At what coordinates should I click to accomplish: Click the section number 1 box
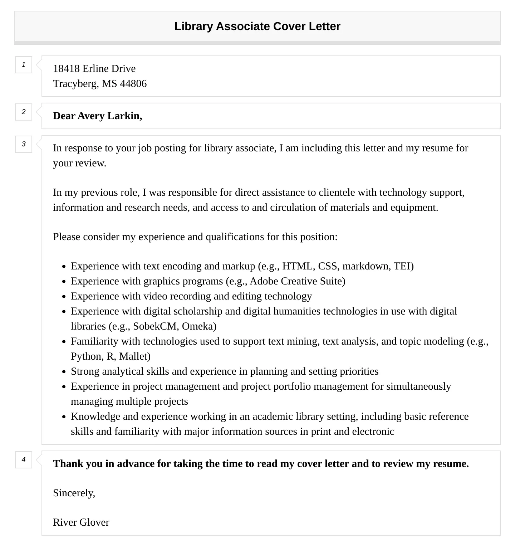[x=24, y=65]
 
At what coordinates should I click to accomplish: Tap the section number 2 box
[x=24, y=112]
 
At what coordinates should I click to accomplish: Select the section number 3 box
[x=24, y=144]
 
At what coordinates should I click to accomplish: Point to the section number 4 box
[x=24, y=460]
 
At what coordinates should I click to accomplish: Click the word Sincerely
[x=74, y=493]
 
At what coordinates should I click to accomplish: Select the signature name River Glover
[x=81, y=522]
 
